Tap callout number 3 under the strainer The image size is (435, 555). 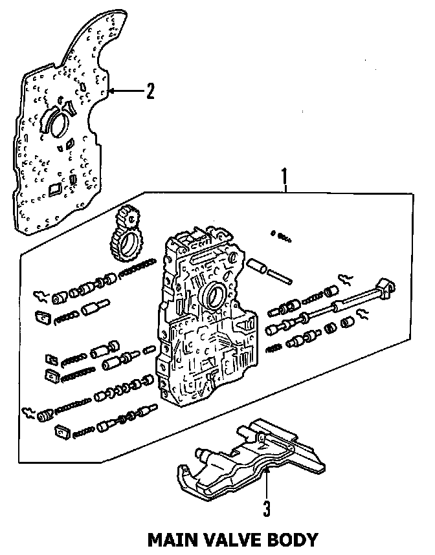coord(266,508)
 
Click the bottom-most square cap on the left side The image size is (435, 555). coord(63,430)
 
